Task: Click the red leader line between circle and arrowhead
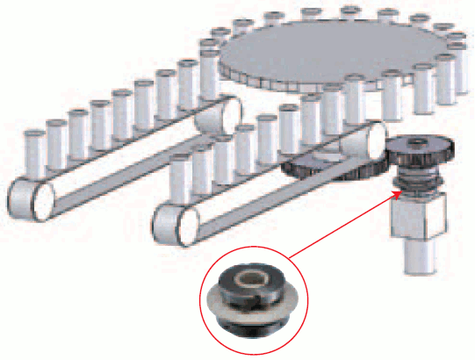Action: [338, 232]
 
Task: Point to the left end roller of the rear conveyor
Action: [27, 195]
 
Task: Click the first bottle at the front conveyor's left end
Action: [181, 171]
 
